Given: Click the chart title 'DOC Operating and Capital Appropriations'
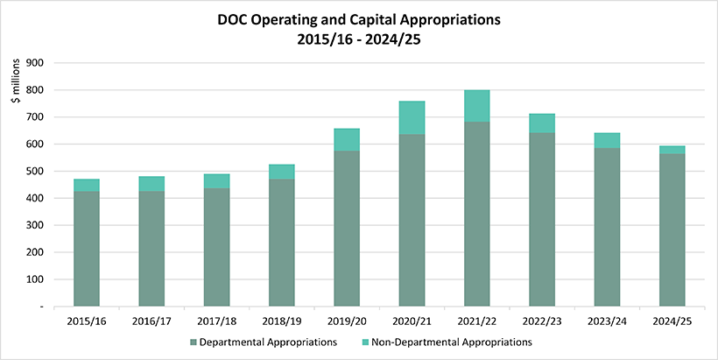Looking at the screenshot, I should pos(359,18).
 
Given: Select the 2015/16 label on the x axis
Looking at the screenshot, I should pos(87,321).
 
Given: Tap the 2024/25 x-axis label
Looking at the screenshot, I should pos(672,321).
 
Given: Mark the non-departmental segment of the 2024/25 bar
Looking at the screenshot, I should pos(672,150).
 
